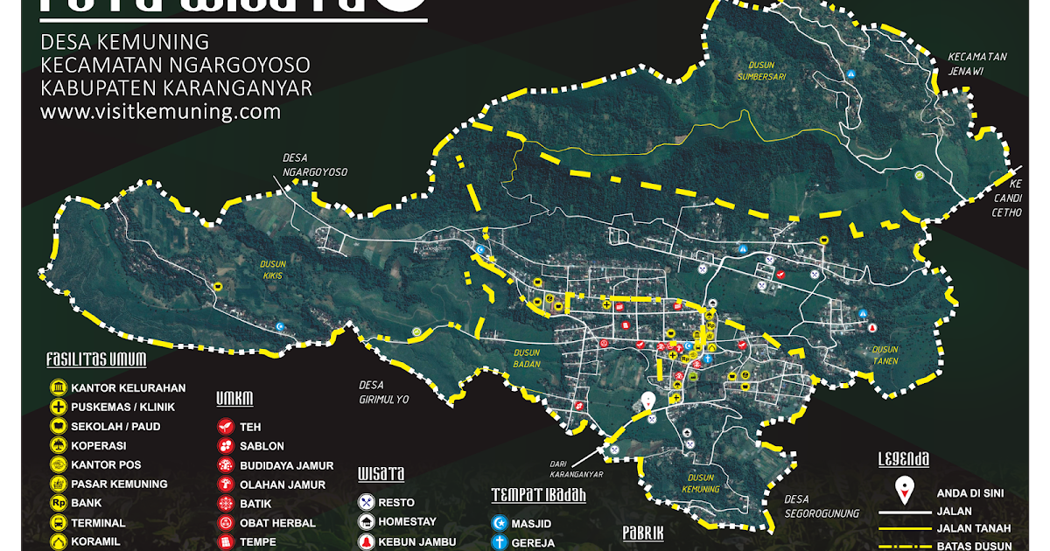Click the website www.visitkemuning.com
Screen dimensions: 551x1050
click(x=160, y=112)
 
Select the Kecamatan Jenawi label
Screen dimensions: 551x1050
click(x=977, y=64)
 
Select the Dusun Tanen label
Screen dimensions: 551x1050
click(x=885, y=355)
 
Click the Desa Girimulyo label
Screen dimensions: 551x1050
click(x=384, y=392)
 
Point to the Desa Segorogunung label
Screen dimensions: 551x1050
click(x=822, y=506)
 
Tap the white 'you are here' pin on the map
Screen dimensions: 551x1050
click(x=647, y=402)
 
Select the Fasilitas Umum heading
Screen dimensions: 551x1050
click(x=96, y=359)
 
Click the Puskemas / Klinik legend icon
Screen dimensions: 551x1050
click(x=58, y=408)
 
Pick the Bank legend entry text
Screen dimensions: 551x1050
click(x=87, y=504)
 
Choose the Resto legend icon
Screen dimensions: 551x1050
click(x=366, y=503)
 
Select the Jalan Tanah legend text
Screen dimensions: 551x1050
click(x=974, y=528)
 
